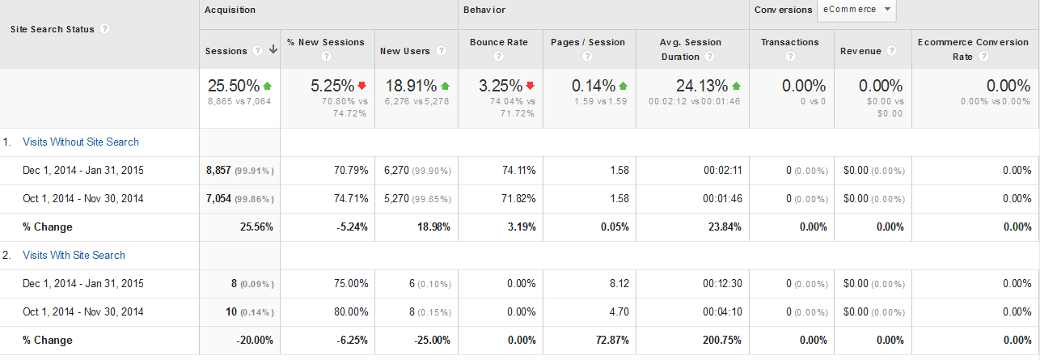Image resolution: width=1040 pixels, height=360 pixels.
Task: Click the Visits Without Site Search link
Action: point(81,142)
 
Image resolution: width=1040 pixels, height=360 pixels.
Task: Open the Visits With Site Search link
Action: point(74,256)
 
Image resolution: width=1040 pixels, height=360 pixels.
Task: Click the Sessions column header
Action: point(226,51)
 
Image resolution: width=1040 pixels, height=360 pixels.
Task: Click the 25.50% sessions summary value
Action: point(234,86)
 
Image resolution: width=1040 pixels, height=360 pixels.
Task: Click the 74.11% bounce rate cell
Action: point(518,171)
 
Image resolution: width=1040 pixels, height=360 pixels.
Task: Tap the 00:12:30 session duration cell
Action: point(722,284)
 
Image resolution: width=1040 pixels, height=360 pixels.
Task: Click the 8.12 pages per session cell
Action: point(616,284)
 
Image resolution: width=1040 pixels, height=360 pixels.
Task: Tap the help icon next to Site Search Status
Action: point(105,29)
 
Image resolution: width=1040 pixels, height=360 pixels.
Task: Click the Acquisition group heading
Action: point(230,10)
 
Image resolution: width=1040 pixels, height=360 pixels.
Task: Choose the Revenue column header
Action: point(860,51)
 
